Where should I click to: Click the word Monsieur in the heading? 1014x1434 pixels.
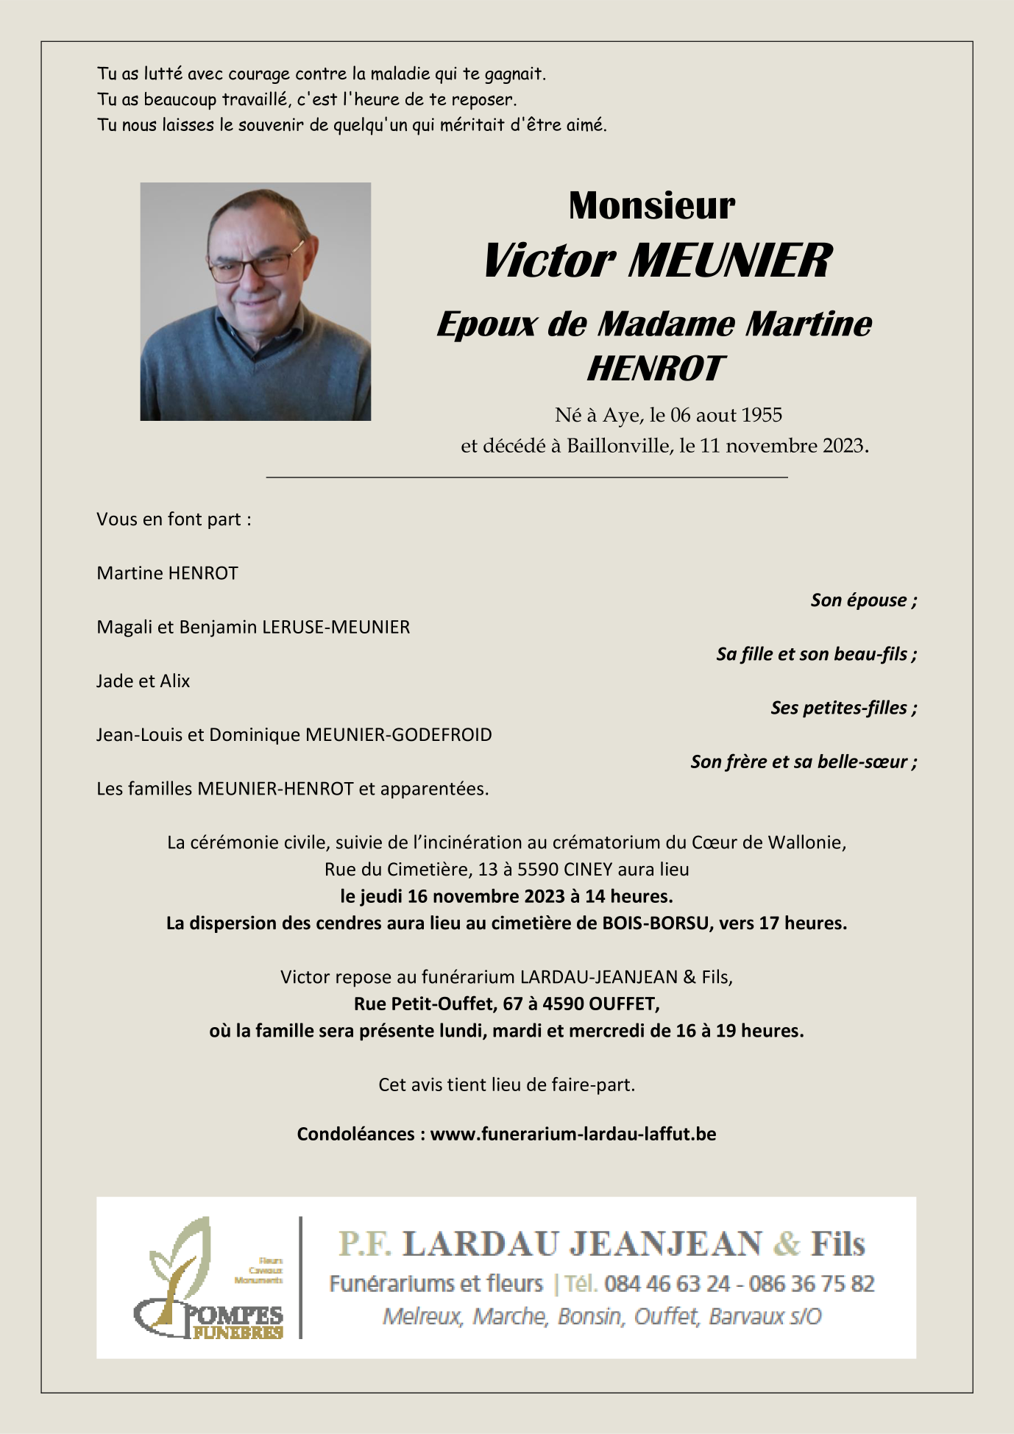coord(651,205)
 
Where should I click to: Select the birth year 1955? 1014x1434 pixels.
coord(761,415)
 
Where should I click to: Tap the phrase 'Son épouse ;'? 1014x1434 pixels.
coord(863,600)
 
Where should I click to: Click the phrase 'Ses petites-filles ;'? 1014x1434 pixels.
coord(843,708)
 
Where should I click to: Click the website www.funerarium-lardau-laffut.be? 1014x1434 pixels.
coord(573,1134)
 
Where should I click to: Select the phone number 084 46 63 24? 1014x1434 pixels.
coord(667,1284)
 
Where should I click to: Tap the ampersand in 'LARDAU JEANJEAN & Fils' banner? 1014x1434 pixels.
coord(787,1244)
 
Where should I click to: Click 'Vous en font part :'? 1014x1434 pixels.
coord(174,519)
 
